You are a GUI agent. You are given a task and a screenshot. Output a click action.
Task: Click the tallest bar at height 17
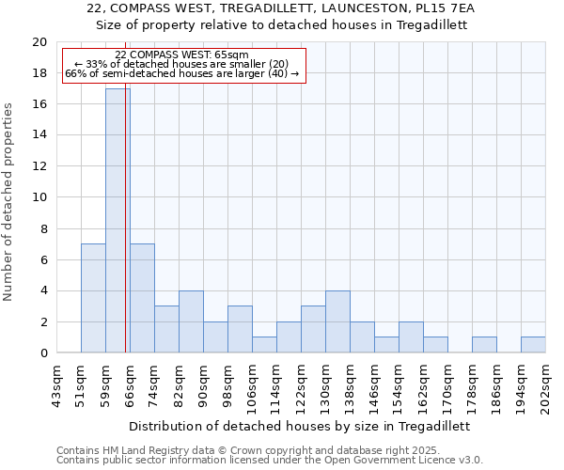(117, 221)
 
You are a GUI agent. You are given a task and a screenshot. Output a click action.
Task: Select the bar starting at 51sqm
(93, 298)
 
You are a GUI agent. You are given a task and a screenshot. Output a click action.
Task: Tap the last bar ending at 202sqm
(533, 345)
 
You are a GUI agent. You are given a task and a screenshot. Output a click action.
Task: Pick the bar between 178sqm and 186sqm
(484, 345)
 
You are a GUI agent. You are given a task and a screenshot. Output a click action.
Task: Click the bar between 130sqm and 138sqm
(337, 321)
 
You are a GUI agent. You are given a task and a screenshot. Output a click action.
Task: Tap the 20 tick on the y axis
(39, 42)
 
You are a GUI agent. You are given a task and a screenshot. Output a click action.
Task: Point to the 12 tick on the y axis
(39, 166)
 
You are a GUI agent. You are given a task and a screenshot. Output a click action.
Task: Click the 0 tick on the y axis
(42, 352)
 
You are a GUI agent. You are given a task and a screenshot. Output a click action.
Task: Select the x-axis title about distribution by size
(299, 426)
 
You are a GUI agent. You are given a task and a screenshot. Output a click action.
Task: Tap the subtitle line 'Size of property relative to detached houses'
(282, 25)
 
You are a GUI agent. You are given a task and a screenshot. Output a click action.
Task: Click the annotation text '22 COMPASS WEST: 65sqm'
(182, 55)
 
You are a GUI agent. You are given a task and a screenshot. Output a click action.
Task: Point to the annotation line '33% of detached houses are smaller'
(182, 64)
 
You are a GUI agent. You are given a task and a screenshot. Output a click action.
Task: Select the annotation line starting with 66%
(182, 73)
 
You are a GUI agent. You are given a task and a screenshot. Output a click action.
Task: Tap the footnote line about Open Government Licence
(270, 461)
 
